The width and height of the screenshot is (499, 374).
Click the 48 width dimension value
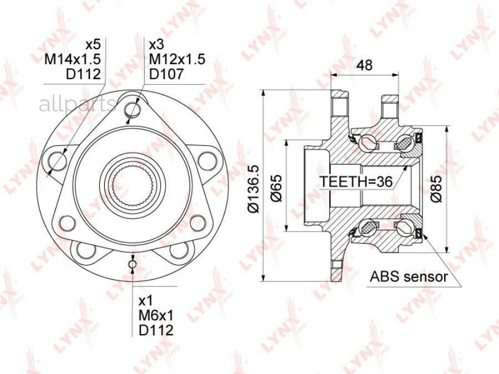pyautogui.click(x=364, y=65)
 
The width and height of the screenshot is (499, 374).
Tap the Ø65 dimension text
pyautogui.click(x=276, y=188)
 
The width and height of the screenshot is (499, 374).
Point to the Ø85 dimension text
pyautogui.click(x=436, y=188)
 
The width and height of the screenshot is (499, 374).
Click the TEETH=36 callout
pyautogui.click(x=356, y=182)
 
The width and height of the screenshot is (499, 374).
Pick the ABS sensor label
pyautogui.click(x=409, y=276)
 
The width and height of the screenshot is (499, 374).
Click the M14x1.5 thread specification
pyautogui.click(x=73, y=59)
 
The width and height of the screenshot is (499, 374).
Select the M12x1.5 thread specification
pyautogui.click(x=177, y=59)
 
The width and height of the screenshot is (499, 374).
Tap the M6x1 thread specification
pyautogui.click(x=156, y=315)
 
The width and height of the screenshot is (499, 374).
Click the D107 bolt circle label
pyautogui.click(x=166, y=74)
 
